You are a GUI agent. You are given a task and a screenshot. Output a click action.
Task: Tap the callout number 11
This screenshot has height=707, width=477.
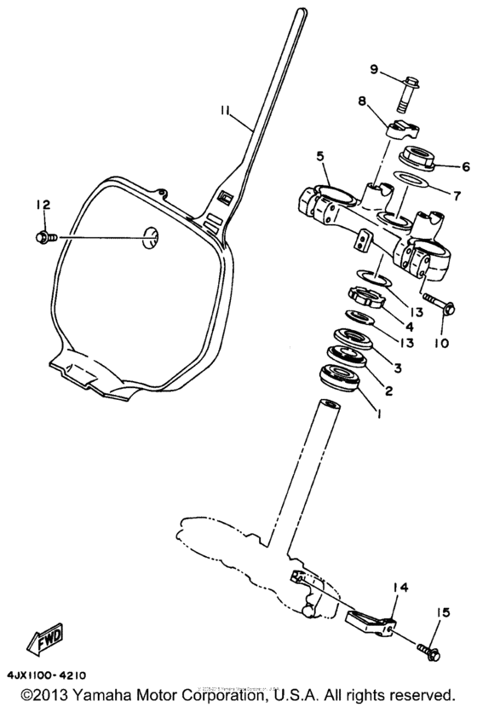tap(224, 112)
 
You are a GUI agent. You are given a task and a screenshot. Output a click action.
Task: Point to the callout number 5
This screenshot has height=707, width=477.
tap(321, 157)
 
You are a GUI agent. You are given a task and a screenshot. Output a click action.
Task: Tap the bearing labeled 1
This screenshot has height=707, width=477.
tap(342, 375)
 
